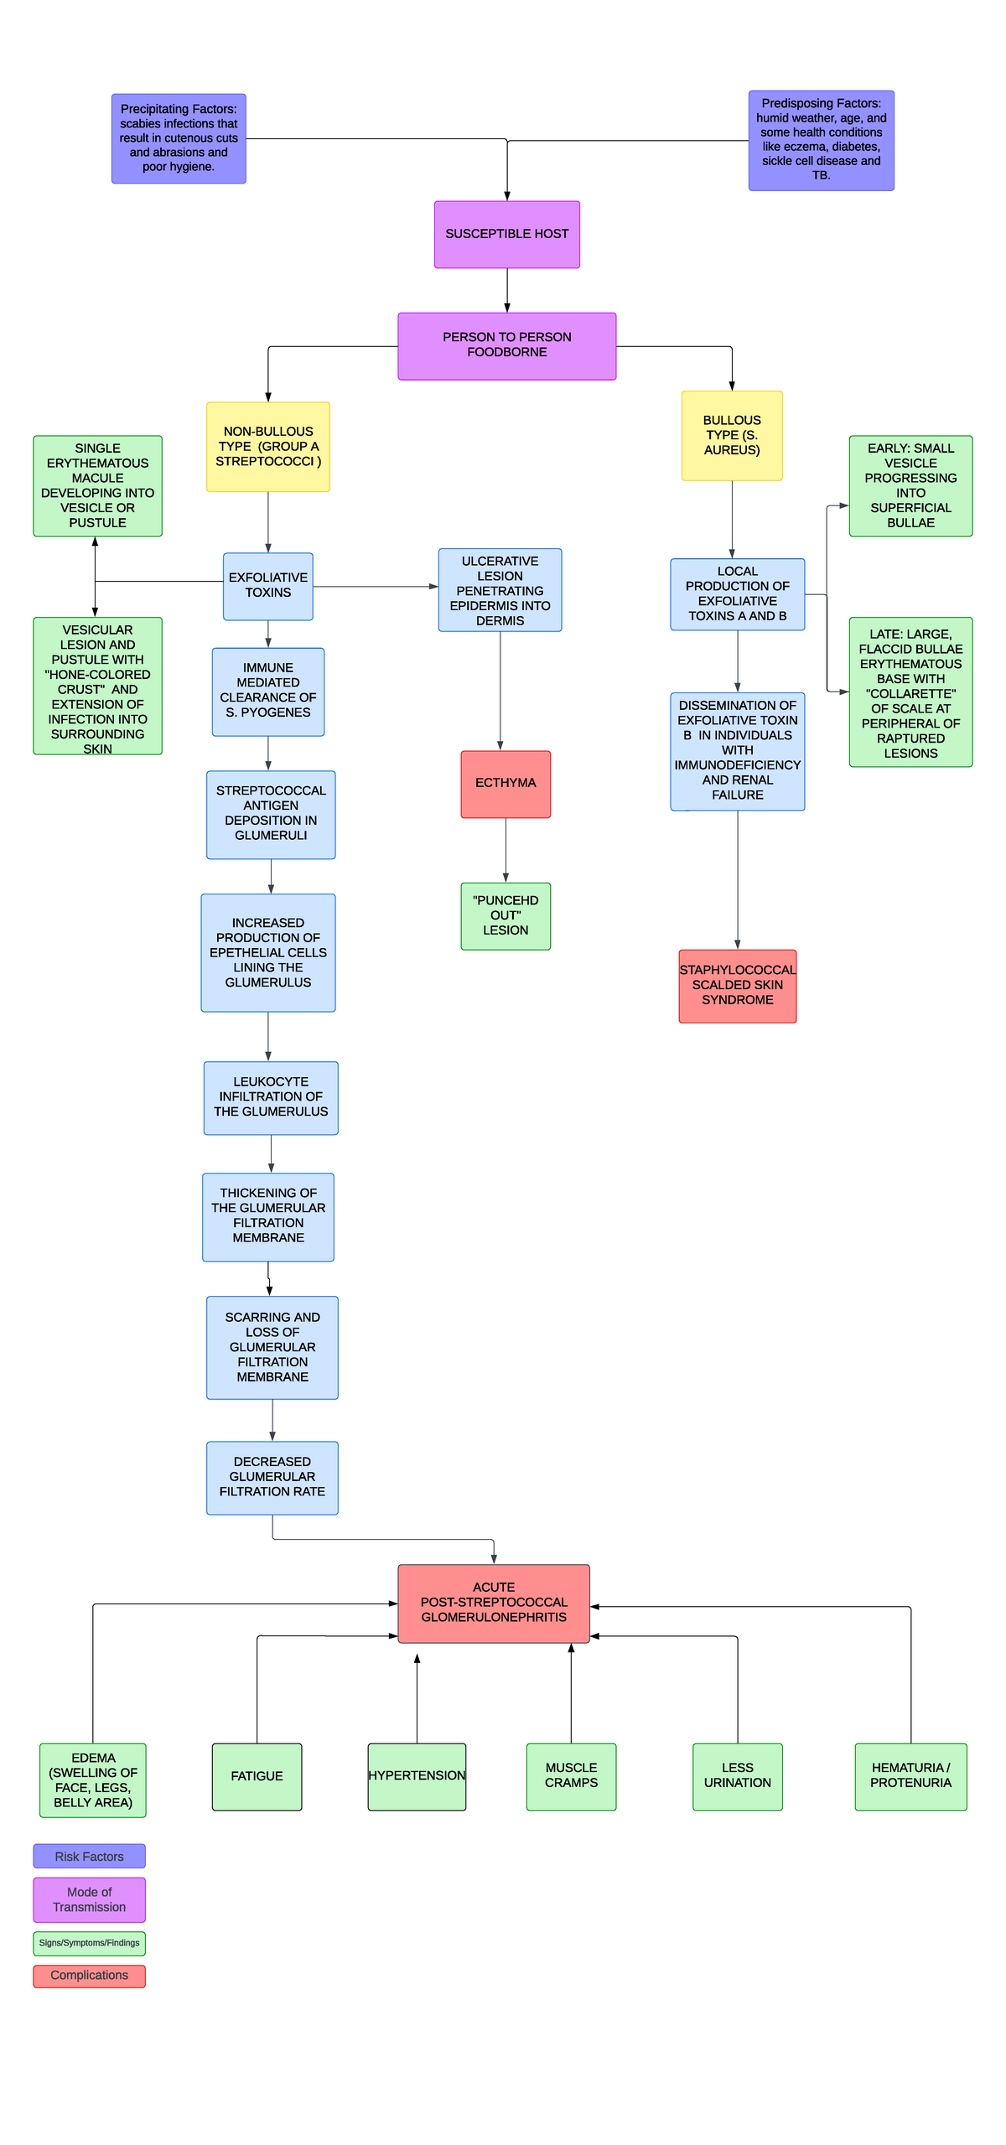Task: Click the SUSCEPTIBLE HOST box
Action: (506, 234)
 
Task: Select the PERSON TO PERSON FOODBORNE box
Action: (506, 345)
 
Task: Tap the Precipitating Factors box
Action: (179, 138)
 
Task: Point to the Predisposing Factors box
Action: (821, 140)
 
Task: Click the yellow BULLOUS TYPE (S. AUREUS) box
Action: (731, 435)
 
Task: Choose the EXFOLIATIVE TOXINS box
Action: (267, 586)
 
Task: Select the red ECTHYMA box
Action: (506, 784)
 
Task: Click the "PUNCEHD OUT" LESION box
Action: (506, 915)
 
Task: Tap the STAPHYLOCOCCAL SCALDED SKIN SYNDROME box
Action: (737, 986)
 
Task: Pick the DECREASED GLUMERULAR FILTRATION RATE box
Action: (272, 1477)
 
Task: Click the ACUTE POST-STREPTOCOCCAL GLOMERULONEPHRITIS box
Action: (493, 1603)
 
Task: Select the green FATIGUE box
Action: (257, 1776)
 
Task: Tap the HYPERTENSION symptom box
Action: (417, 1776)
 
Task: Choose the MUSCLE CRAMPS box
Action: (571, 1776)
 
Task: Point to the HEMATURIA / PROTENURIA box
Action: (910, 1776)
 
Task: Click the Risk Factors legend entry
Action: (89, 1857)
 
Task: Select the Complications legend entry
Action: (89, 1976)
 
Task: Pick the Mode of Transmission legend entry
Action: (89, 1899)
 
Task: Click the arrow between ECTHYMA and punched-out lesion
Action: (506, 850)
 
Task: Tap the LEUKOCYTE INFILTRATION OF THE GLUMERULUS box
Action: (271, 1097)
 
